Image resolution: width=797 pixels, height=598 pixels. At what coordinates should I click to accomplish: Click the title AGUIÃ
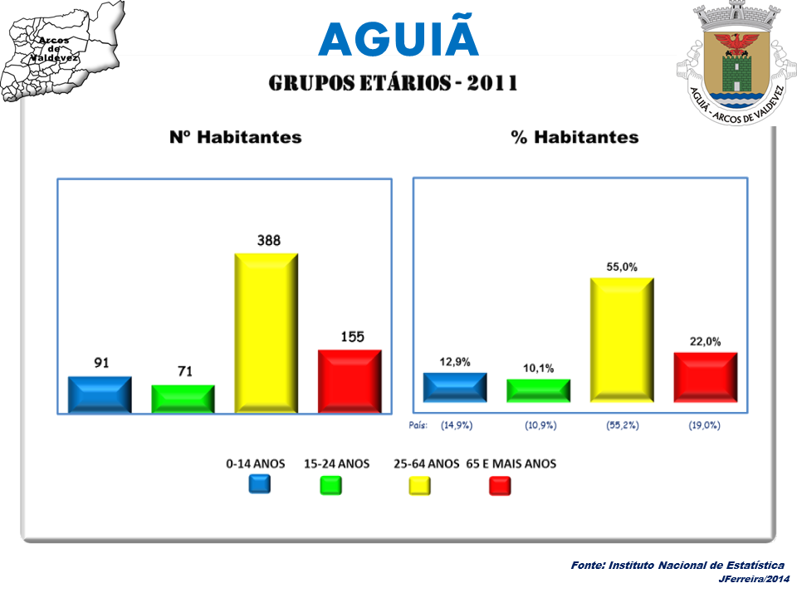[398, 38]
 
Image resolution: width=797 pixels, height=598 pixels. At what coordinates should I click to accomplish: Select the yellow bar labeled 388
[266, 332]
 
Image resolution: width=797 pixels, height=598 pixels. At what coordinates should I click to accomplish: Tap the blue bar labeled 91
[100, 395]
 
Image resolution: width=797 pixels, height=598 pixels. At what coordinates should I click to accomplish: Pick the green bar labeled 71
[183, 399]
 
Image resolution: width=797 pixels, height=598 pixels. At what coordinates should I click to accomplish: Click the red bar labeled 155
[350, 381]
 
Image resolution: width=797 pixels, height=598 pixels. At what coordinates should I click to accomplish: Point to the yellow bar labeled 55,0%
[622, 340]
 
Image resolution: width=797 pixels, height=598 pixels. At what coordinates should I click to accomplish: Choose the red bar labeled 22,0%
[705, 377]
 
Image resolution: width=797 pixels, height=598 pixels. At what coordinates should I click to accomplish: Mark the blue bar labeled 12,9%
[455, 387]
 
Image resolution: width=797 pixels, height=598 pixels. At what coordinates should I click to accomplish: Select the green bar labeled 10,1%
[538, 391]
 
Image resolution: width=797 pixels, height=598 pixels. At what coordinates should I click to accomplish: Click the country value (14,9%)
[457, 425]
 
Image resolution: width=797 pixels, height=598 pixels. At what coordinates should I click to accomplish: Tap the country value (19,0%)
[704, 425]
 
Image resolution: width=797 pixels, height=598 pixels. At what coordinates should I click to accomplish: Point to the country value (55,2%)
[622, 425]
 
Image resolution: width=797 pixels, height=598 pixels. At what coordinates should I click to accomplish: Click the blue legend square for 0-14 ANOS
[259, 484]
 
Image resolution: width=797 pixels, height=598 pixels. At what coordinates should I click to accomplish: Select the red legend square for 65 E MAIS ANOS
[500, 486]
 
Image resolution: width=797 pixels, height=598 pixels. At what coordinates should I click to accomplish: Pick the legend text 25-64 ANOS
[426, 464]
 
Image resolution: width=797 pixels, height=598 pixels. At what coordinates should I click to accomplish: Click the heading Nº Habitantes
[235, 138]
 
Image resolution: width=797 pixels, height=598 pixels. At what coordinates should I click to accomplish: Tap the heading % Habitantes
[575, 138]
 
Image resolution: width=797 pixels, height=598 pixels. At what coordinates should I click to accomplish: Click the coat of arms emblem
[733, 62]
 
